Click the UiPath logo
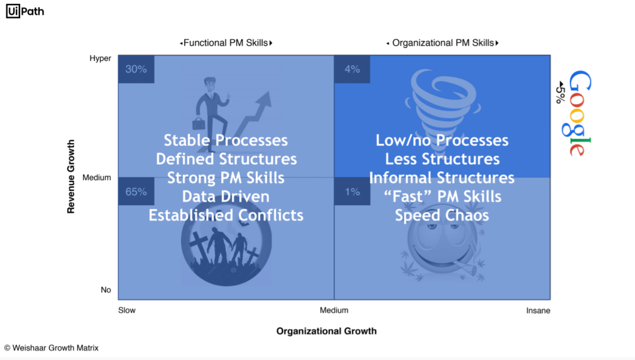(x=25, y=11)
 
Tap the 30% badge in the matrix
(x=136, y=69)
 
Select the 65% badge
(x=136, y=191)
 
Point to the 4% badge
(x=352, y=69)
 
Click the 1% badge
(x=352, y=191)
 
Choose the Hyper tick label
(x=100, y=58)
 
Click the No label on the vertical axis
(x=106, y=290)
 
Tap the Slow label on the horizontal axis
(x=127, y=310)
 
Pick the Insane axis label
(x=538, y=311)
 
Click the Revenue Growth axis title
(x=71, y=177)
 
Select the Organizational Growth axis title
(x=326, y=331)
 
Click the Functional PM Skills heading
(x=225, y=43)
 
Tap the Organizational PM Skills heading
(x=442, y=43)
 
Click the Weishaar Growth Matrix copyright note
(x=51, y=348)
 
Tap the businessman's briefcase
(x=198, y=124)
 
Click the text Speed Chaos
(x=442, y=215)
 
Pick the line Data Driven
(x=225, y=196)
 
